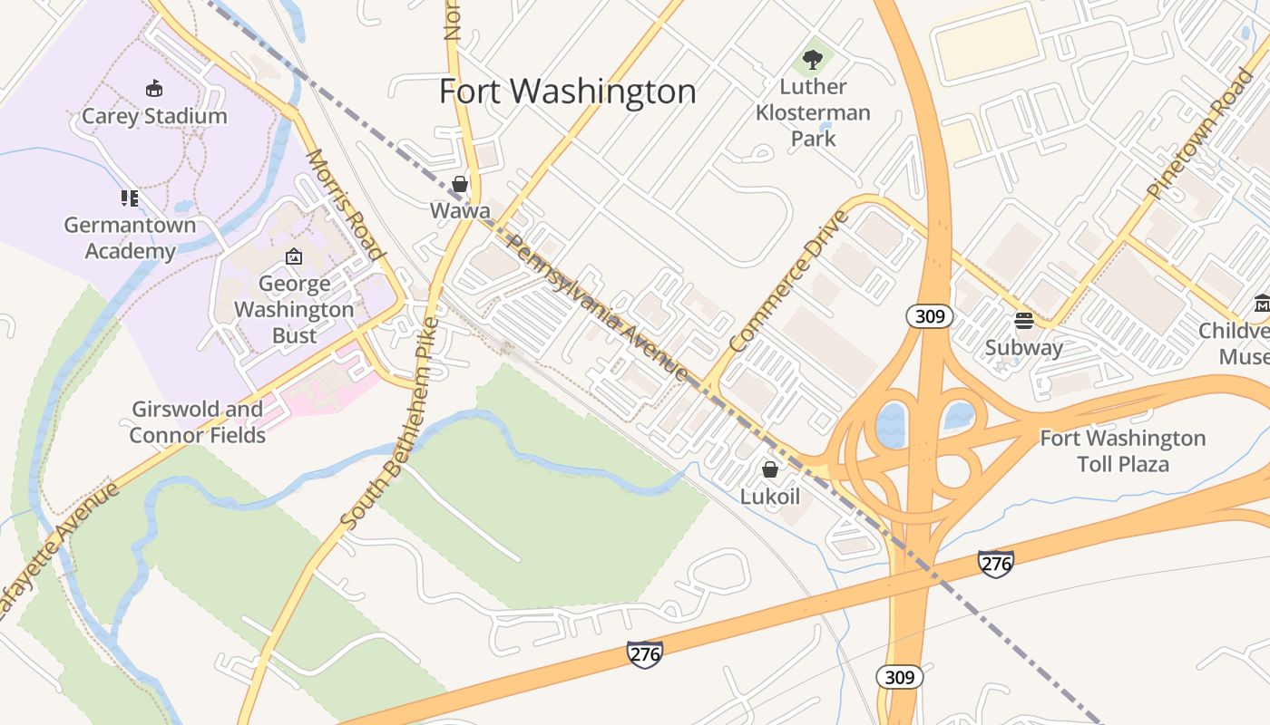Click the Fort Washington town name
tap(568, 92)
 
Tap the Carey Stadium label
tap(154, 116)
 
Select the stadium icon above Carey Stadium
tap(154, 88)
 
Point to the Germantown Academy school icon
tap(130, 198)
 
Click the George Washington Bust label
tap(294, 310)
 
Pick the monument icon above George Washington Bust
tap(293, 257)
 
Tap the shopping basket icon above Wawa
tap(460, 185)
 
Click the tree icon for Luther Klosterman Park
tap(813, 60)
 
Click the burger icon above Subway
tap(1024, 320)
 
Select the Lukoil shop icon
tap(770, 469)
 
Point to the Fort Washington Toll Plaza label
tap(1123, 451)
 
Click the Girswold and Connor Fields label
tap(198, 422)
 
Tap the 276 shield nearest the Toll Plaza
tap(995, 563)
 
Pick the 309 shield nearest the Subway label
tap(930, 316)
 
